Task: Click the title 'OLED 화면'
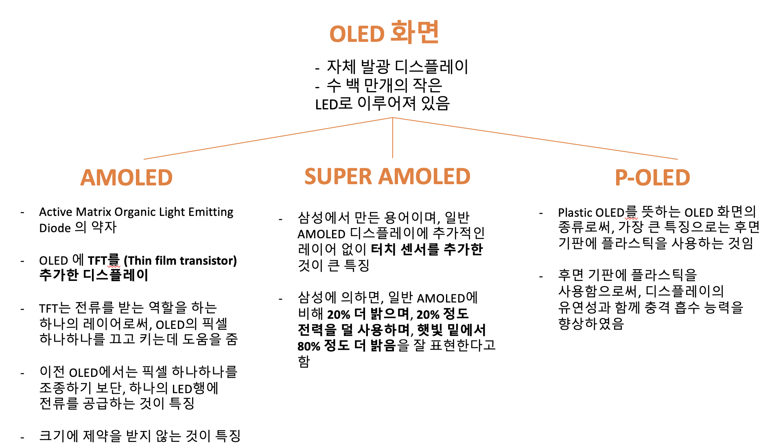(x=384, y=33)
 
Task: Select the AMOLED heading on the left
(x=127, y=178)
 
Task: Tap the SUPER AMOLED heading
(x=387, y=176)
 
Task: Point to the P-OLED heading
(x=652, y=178)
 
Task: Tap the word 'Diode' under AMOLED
(x=55, y=228)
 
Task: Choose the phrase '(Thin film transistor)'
(x=180, y=261)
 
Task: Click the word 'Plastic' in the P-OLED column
(x=575, y=213)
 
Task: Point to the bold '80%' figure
(x=309, y=346)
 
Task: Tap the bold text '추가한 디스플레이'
(x=94, y=275)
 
